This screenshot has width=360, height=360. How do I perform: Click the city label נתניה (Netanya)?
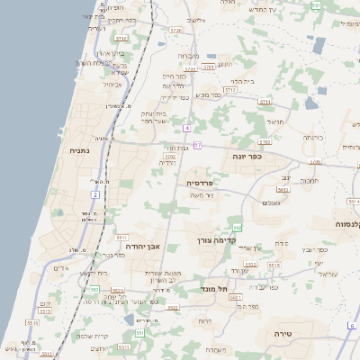click(79, 150)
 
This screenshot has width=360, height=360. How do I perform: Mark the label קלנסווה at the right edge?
click(346, 223)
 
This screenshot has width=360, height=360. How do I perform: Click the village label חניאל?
click(274, 121)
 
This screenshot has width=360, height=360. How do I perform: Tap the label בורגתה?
click(312, 137)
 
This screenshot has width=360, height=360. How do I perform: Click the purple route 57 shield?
click(198, 145)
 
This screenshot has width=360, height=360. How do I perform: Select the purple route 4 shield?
click(186, 128)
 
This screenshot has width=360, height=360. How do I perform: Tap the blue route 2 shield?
click(95, 193)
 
